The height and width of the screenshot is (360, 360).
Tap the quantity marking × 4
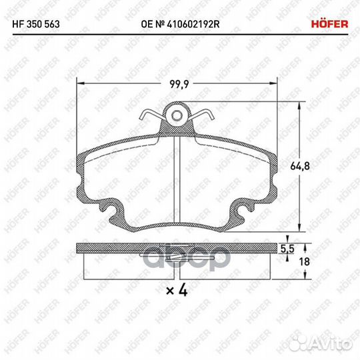[175, 290]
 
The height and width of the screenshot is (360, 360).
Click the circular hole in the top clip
[176, 116]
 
